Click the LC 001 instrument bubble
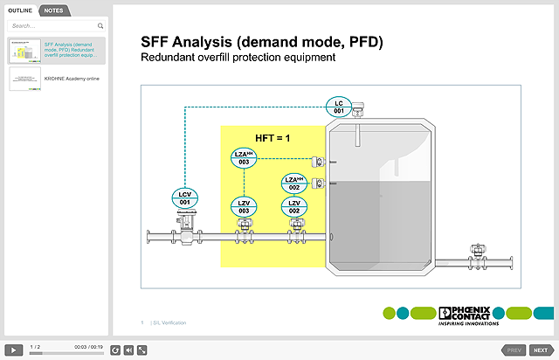[x=339, y=107]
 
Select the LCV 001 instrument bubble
[x=184, y=198]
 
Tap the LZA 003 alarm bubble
[x=245, y=158]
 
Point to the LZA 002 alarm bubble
[x=295, y=183]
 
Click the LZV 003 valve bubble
[x=245, y=207]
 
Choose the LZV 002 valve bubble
[x=295, y=207]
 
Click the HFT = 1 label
[x=272, y=138]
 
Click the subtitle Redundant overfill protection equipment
[x=238, y=58]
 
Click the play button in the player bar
[x=14, y=350]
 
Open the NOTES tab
[x=53, y=10]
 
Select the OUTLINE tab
[x=20, y=10]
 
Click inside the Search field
[x=52, y=26]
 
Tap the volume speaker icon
[x=128, y=350]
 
